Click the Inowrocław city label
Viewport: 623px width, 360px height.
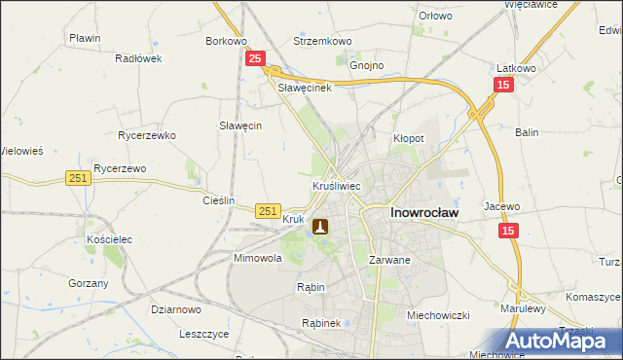point(424,210)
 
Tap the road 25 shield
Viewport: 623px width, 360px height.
point(254,59)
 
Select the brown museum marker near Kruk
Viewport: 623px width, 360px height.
point(319,227)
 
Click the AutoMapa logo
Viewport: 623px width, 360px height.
point(565,341)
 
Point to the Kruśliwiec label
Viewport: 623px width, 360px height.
point(338,185)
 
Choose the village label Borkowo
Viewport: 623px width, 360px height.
point(226,42)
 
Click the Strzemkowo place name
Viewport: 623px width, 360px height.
point(322,42)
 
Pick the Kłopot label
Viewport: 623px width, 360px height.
point(408,138)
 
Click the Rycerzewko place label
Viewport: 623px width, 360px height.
point(145,135)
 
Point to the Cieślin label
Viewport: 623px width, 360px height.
point(218,200)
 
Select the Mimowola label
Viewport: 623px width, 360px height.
point(257,259)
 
